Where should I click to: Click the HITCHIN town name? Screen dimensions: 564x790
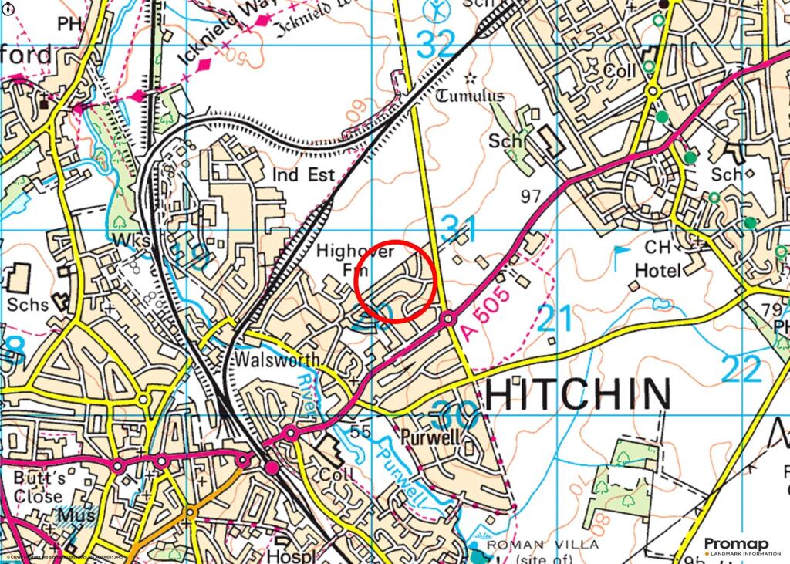click(x=577, y=394)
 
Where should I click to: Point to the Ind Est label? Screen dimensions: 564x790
click(x=304, y=174)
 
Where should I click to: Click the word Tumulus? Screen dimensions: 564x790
click(x=470, y=96)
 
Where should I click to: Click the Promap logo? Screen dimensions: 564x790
click(x=737, y=545)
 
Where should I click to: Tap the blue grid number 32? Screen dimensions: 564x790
click(x=437, y=45)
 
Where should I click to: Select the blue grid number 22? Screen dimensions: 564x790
click(x=741, y=370)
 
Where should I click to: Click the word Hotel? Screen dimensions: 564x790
click(x=658, y=270)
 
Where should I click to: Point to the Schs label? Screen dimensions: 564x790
click(x=28, y=304)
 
